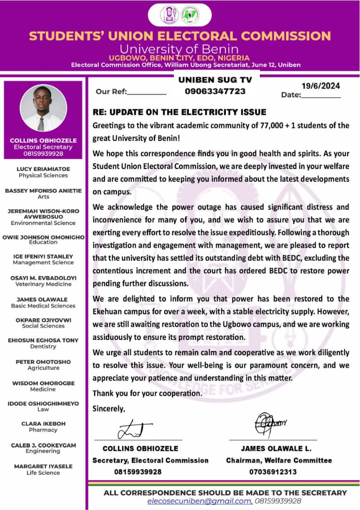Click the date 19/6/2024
pos(321,86)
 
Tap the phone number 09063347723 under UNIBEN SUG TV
pos(215,91)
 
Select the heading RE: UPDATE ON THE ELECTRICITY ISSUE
pos(180,112)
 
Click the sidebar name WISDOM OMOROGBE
pos(43,383)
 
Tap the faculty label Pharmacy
pos(43,430)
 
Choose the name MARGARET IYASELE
pos(43,466)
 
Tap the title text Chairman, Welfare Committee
pos(279,460)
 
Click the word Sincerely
pos(109,408)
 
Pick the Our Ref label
pos(111,92)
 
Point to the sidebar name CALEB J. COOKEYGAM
pos(43,445)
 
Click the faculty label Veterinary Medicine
pos(43,284)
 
